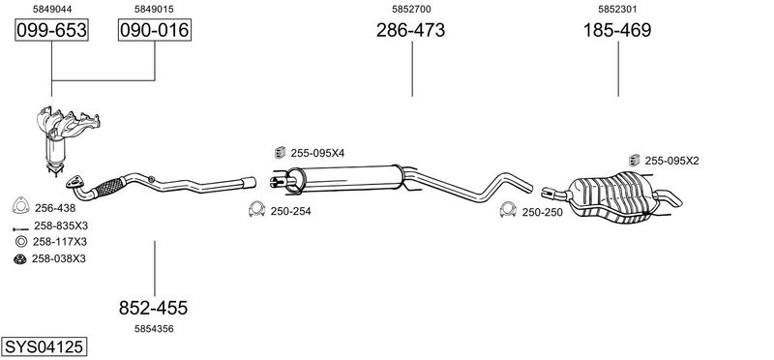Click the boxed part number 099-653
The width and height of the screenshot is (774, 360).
(x=51, y=31)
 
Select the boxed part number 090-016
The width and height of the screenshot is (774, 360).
(x=154, y=31)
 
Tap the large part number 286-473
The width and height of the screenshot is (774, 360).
(x=410, y=31)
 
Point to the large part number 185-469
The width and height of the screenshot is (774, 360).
(x=616, y=31)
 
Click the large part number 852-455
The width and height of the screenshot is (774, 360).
(x=153, y=308)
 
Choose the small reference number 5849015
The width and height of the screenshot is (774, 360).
(x=154, y=8)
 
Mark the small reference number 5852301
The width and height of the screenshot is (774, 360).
(x=616, y=8)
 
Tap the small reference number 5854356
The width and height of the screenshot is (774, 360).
(x=153, y=329)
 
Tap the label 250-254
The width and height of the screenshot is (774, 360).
(x=290, y=211)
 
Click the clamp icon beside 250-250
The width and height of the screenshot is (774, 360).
(x=506, y=211)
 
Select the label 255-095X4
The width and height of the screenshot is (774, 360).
(x=317, y=153)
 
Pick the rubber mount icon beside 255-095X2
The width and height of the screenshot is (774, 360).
(x=634, y=160)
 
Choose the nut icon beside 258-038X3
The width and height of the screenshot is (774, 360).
(x=19, y=258)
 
